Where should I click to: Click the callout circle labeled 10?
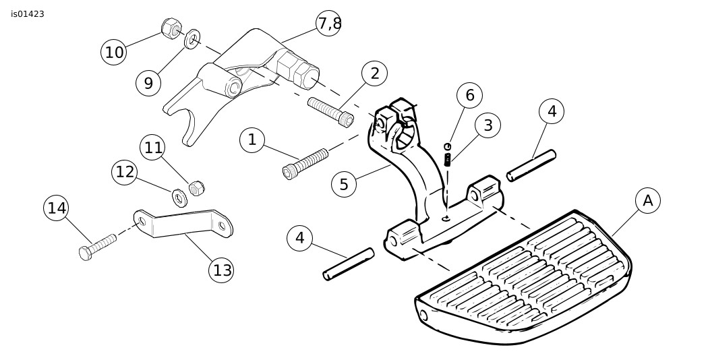coord(114,52)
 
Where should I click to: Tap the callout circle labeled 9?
coord(148,82)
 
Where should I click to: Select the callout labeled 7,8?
coord(328,24)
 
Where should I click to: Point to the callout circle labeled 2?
coord(374,73)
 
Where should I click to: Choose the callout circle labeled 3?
coord(488,125)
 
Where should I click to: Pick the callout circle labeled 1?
coord(252,140)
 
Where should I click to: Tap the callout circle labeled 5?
coord(344,184)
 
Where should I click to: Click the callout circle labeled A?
coord(648,200)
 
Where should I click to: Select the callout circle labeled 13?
coord(222,270)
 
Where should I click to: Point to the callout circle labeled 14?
coord(57,208)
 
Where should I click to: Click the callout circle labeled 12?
coord(125,172)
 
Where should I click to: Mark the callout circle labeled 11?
coord(154,147)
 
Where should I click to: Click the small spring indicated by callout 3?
coord(448,159)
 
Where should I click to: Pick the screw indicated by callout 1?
coord(305,164)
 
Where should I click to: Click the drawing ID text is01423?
coord(28,13)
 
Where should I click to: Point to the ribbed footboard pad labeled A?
coord(533,276)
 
